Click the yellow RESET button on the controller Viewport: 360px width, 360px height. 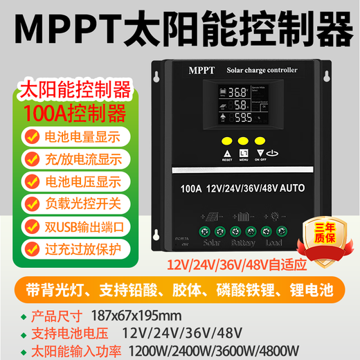pos(226,140)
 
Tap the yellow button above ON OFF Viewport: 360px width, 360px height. pos(260,140)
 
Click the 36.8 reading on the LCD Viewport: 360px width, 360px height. pos(239,91)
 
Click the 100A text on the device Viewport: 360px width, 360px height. pos(189,188)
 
